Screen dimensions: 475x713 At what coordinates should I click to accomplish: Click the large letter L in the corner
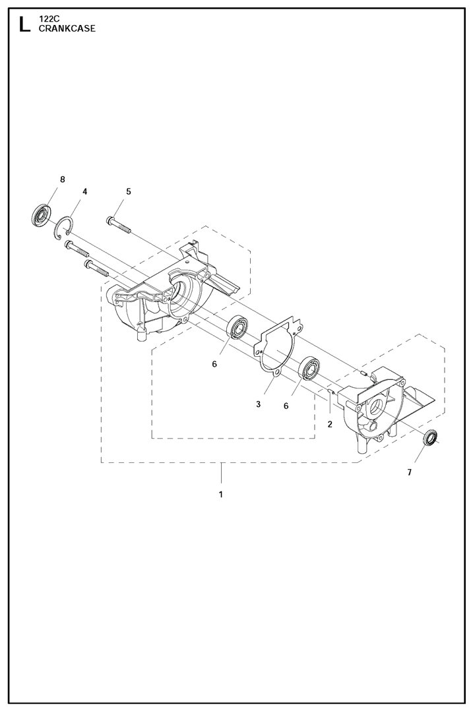pos(24,24)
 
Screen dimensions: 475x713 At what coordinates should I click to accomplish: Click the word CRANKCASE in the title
pos(67,28)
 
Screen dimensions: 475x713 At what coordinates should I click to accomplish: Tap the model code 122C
pos(46,20)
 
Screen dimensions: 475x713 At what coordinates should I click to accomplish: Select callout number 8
pos(62,179)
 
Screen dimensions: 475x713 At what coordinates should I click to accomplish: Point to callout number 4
pos(84,191)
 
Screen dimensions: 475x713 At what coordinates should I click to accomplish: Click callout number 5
pos(128,191)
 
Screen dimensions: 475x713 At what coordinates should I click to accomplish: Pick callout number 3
pos(259,404)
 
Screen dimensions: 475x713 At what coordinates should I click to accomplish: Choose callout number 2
pos(330,425)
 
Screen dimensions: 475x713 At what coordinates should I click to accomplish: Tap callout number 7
pos(409,472)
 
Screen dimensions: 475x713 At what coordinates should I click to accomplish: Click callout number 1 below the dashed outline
pos(221,494)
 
